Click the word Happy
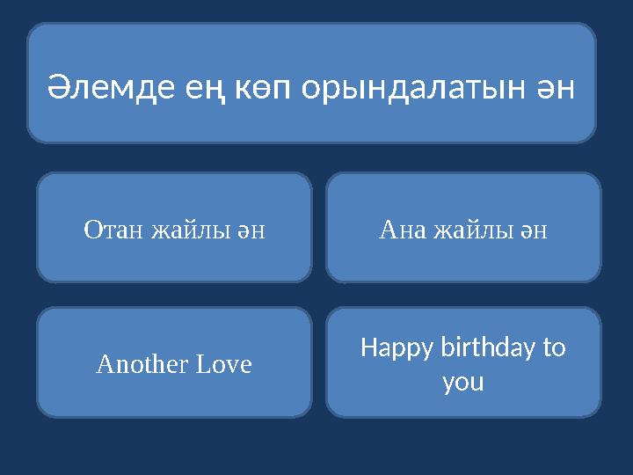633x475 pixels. coord(392,349)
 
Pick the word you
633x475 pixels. coord(463,384)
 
